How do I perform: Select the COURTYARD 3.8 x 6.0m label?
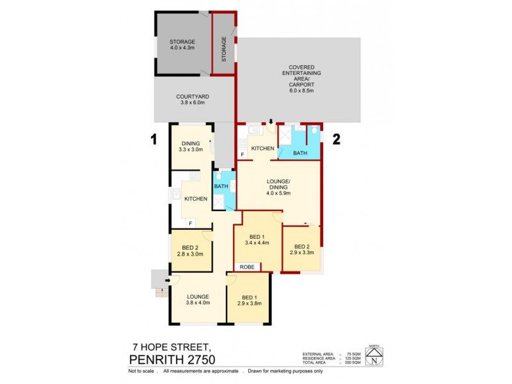[x=192, y=100]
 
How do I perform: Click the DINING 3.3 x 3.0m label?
[x=191, y=147]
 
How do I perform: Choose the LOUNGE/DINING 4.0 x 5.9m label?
[x=279, y=186]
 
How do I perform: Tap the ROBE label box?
[x=247, y=266]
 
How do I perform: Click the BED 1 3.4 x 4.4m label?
[x=257, y=240]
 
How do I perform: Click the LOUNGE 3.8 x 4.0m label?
[x=198, y=300]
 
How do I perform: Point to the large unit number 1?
[x=154, y=138]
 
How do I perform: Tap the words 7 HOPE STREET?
[x=167, y=346]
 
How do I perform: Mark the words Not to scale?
[x=141, y=371]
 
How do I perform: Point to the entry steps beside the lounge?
[x=157, y=281]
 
